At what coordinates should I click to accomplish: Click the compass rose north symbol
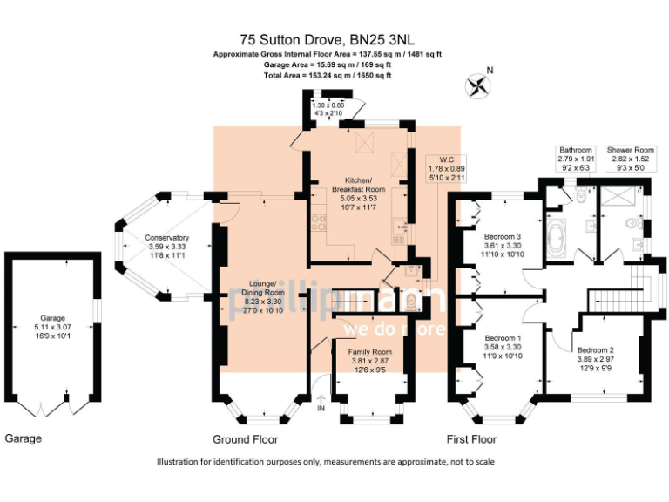pyautogui.click(x=478, y=85)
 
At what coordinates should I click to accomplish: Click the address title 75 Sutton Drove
pyautogui.click(x=328, y=39)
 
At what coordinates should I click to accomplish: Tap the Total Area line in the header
pyautogui.click(x=328, y=76)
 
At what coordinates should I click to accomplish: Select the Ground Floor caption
pyautogui.click(x=246, y=439)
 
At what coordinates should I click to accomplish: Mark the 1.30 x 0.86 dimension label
pyautogui.click(x=328, y=110)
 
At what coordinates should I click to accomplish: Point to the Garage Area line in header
pyautogui.click(x=328, y=64)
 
